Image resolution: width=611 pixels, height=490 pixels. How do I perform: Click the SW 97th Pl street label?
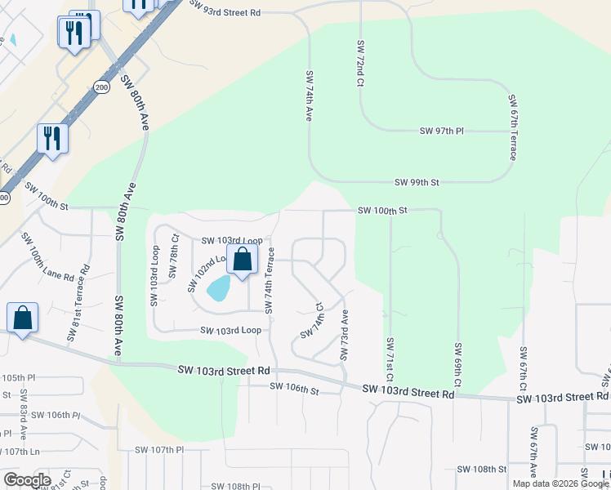[441, 131]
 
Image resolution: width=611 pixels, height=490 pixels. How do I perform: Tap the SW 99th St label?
[417, 182]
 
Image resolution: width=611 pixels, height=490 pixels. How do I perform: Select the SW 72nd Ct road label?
[359, 62]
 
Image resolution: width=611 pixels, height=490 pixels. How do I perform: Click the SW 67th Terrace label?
[513, 127]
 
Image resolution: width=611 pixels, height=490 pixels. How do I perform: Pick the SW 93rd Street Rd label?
[225, 8]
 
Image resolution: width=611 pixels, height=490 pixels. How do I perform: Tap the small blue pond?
[218, 288]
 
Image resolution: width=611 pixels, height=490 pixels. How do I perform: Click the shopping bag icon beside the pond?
[243, 261]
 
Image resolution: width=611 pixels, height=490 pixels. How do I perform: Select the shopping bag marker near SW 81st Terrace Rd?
[23, 318]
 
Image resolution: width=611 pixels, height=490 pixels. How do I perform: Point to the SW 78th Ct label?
[174, 256]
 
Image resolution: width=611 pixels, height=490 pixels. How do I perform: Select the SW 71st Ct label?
[390, 360]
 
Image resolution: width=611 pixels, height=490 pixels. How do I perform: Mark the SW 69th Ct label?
[457, 365]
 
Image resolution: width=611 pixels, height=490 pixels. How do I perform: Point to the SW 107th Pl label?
[160, 449]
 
